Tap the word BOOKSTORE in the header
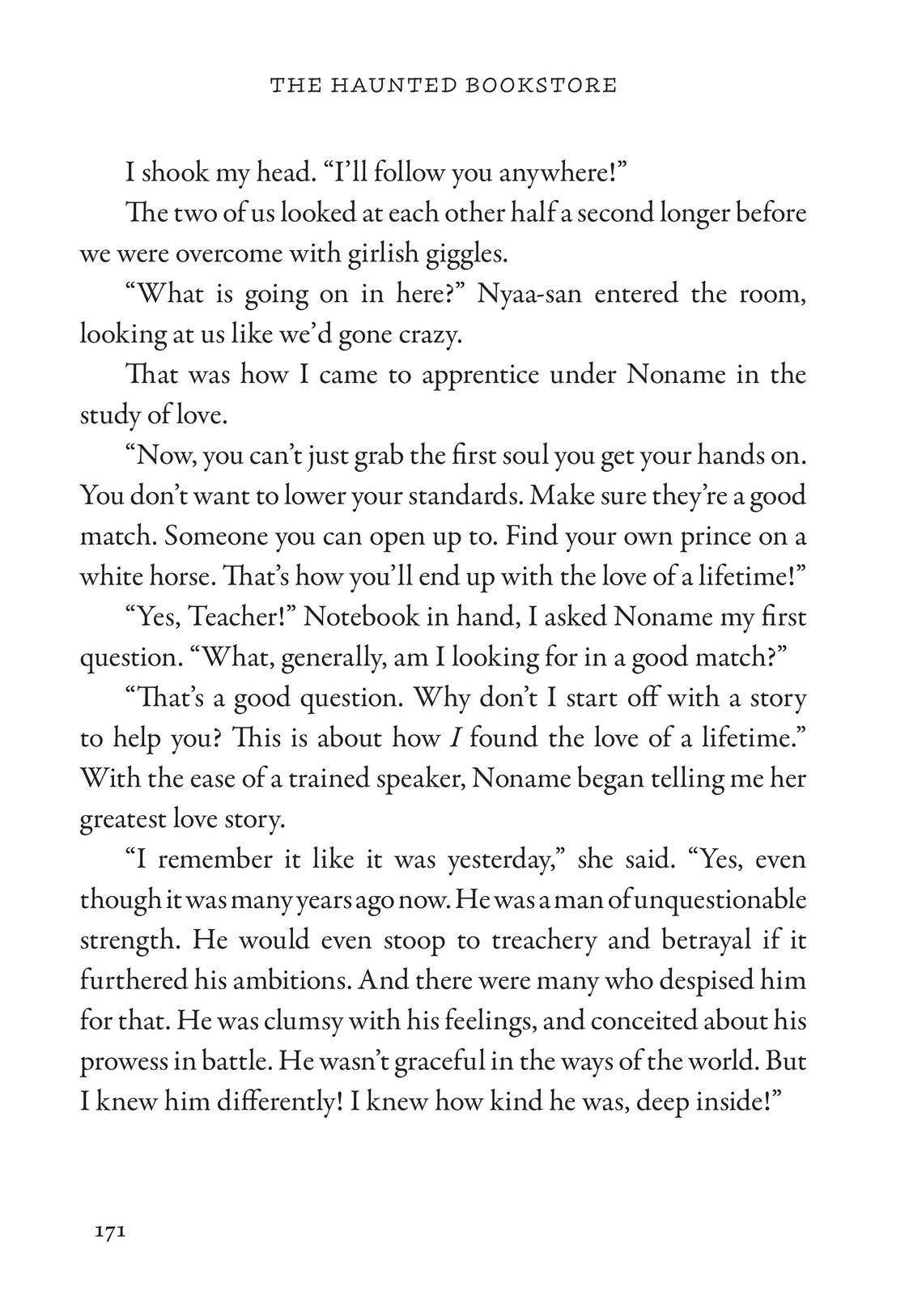541,84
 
